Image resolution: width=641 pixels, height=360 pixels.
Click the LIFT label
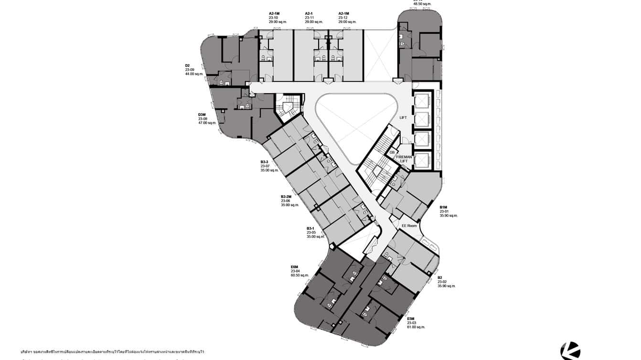pyautogui.click(x=403, y=117)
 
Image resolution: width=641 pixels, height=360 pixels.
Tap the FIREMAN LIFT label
pyautogui.click(x=404, y=159)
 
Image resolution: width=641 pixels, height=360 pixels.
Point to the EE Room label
pyautogui.click(x=409, y=226)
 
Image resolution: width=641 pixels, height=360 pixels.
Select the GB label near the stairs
pyautogui.click(x=392, y=152)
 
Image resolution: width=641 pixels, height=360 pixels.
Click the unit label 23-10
pyautogui.click(x=274, y=18)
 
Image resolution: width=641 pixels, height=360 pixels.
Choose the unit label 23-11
pyautogui.click(x=310, y=18)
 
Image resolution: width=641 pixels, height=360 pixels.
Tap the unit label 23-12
pyautogui.click(x=343, y=18)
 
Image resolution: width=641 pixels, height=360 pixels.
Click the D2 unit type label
pyautogui.click(x=188, y=65)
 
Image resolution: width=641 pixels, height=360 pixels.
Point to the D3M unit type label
pyautogui.click(x=202, y=115)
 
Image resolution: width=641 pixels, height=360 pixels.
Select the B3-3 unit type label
pyautogui.click(x=265, y=162)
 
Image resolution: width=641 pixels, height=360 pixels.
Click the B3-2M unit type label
pyautogui.click(x=286, y=197)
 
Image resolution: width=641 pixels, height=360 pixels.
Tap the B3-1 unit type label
pyautogui.click(x=310, y=228)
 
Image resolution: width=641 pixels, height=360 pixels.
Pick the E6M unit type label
pyautogui.click(x=294, y=267)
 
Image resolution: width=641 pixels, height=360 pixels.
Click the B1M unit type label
pyautogui.click(x=443, y=207)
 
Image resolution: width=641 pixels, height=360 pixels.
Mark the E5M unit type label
pyautogui.click(x=411, y=318)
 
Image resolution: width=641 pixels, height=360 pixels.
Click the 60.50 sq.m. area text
pyautogui.click(x=300, y=275)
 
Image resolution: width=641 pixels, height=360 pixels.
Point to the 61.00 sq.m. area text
pyautogui.click(x=416, y=327)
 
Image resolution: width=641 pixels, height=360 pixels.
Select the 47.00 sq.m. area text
pyautogui.click(x=207, y=123)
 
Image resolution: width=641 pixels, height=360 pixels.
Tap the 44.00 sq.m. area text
pyautogui.click(x=194, y=74)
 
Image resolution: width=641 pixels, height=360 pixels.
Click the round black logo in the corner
pyautogui.click(x=570, y=351)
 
